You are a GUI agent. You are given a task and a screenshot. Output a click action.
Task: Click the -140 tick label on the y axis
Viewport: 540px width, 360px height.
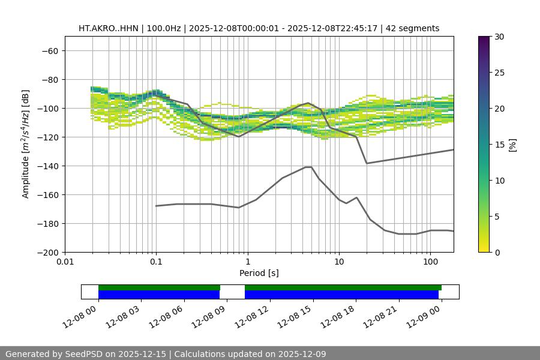tap(49, 166)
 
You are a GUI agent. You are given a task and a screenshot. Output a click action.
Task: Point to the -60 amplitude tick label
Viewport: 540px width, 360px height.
tap(49, 51)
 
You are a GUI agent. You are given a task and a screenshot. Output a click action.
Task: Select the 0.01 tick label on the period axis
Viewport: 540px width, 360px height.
tap(65, 262)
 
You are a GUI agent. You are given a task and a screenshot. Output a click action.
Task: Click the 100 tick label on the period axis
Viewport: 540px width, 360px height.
tap(430, 262)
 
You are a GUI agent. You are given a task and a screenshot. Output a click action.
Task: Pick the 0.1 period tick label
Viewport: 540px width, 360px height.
tap(156, 262)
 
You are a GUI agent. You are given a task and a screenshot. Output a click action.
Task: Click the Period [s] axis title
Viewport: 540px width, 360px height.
tap(259, 273)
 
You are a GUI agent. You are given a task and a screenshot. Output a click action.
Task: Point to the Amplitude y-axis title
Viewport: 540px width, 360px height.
tap(26, 145)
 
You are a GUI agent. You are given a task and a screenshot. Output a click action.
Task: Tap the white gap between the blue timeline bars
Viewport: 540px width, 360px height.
tap(232, 294)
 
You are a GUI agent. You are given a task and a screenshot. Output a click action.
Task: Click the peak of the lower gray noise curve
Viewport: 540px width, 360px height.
tap(308, 167)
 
